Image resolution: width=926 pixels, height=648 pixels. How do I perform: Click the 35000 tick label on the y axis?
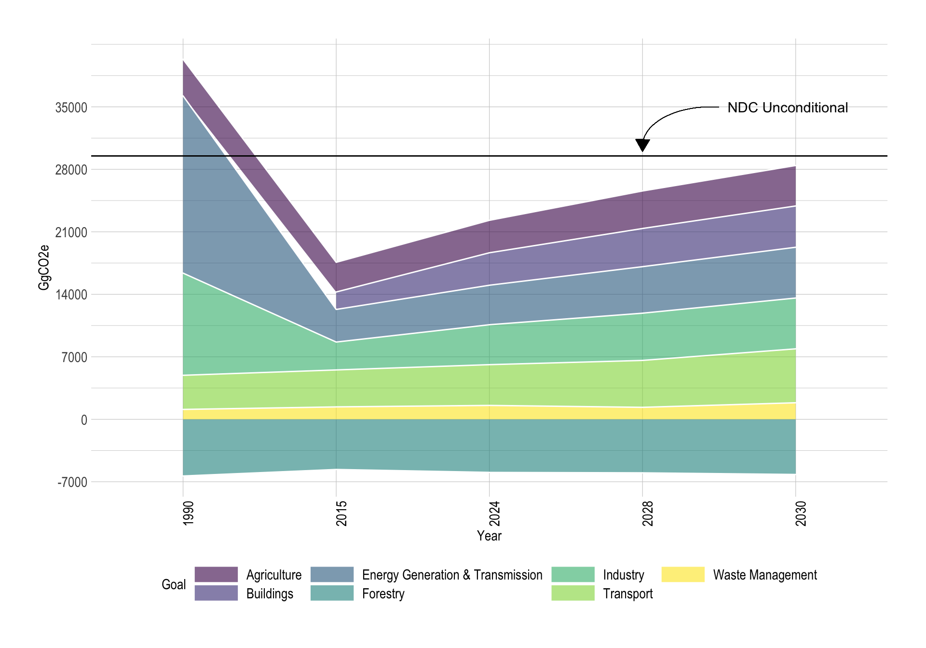[x=71, y=108]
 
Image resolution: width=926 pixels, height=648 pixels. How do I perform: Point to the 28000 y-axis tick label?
[x=71, y=170]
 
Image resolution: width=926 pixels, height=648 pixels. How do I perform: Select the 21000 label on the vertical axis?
[x=71, y=232]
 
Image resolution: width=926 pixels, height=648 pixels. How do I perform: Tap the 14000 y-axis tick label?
[x=71, y=295]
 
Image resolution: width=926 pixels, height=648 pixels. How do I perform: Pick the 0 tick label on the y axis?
[x=84, y=420]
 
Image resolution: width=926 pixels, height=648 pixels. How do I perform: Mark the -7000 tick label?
[x=72, y=482]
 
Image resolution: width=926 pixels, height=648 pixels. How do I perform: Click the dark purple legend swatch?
[x=216, y=574]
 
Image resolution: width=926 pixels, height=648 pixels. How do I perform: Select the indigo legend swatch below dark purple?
[x=216, y=593]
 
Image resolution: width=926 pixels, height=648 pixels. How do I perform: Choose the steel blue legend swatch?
[x=332, y=574]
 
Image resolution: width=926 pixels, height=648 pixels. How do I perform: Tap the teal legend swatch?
[x=332, y=593]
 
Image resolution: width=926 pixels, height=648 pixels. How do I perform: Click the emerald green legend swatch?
[x=573, y=574]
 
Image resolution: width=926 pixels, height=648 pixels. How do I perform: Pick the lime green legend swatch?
[x=573, y=593]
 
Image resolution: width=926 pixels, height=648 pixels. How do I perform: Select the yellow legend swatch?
[x=683, y=574]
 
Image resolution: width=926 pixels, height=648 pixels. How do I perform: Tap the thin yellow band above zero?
[x=490, y=413]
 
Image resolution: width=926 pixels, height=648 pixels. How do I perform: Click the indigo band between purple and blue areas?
[x=642, y=247]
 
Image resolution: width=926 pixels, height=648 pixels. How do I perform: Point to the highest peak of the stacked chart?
[x=183, y=59]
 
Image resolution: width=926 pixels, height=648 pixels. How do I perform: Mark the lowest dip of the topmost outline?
[x=336, y=262]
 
